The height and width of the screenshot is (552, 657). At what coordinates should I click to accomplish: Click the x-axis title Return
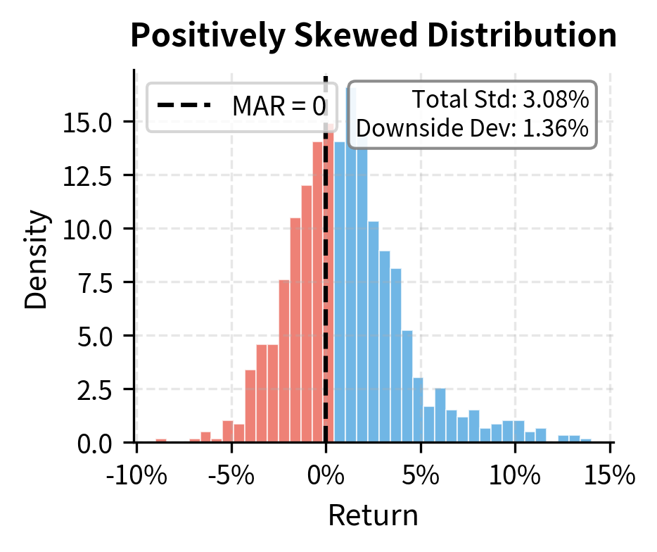[x=373, y=516]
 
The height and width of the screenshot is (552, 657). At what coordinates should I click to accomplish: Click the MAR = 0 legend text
[x=279, y=106]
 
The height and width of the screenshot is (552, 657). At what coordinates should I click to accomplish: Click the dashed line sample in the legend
[x=184, y=106]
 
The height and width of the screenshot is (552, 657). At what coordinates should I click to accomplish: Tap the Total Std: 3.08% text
[x=499, y=100]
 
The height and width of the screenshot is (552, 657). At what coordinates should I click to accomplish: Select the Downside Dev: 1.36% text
[x=472, y=129]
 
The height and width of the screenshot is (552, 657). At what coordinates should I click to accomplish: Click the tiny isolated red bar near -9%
[x=160, y=441]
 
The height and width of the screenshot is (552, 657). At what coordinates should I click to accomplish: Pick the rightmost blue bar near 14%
[x=586, y=441]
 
